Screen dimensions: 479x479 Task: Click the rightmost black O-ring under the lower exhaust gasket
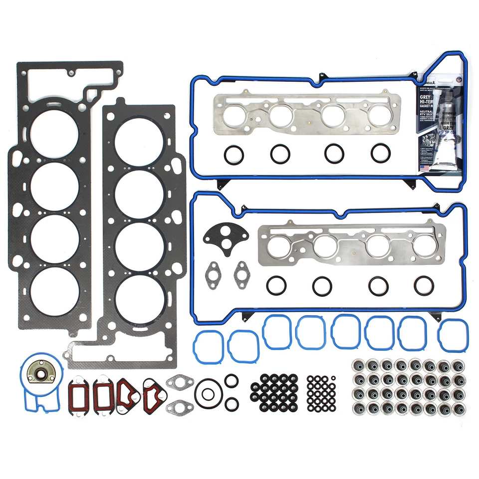tap(424, 285)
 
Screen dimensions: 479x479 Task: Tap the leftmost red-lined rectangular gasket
tap(77, 395)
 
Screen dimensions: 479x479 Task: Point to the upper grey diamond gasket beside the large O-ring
tap(179, 383)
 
